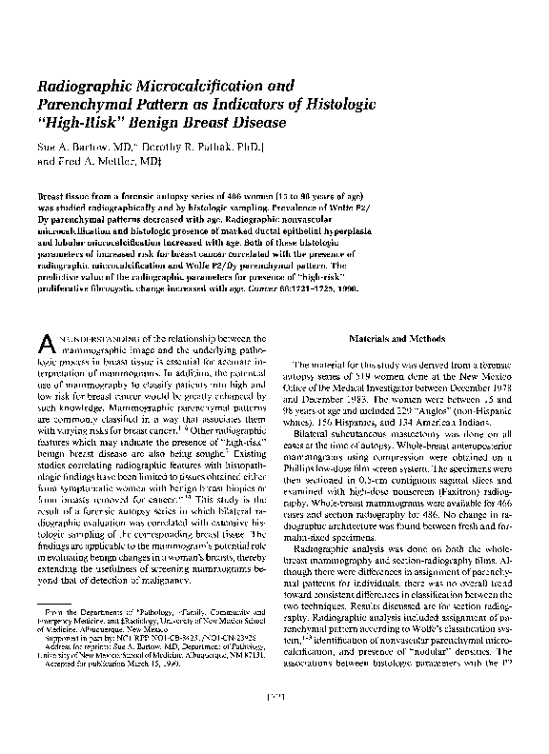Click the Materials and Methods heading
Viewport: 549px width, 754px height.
[398, 338]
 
